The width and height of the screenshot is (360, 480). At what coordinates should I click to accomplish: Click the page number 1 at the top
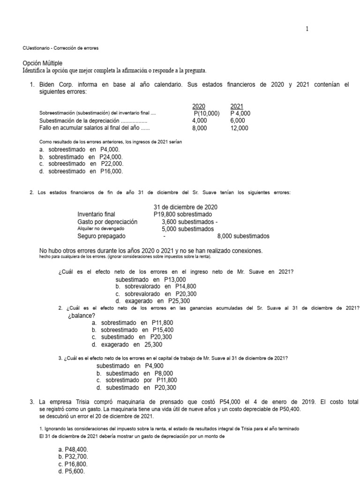pos(307,29)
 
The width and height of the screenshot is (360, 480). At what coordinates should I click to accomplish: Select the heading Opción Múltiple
pos(42,63)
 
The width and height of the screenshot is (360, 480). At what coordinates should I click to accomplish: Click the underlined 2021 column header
pos(236,106)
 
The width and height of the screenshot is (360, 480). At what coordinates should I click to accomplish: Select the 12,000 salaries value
pos(240,128)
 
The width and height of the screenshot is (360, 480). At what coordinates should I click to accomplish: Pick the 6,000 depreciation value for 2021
pos(238,120)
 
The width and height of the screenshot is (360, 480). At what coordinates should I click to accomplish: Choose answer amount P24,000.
pos(111,157)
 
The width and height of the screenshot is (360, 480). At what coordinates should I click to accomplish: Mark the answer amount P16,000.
pos(112,171)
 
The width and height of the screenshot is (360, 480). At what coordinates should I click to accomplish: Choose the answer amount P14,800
pos(186,286)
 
